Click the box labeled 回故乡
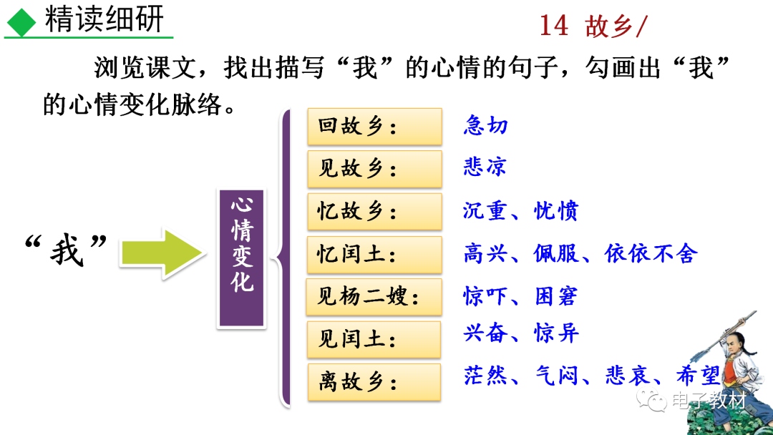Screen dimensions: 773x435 pos(374,127)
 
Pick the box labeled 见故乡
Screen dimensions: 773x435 pos(374,169)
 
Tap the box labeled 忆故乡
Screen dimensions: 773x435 pos(374,211)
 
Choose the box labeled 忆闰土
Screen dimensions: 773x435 pos(374,253)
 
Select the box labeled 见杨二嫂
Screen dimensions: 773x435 pos(374,295)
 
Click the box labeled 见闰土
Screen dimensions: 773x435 pos(374,338)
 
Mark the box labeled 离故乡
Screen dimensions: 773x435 pos(374,381)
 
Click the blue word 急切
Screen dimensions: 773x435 pos(485,126)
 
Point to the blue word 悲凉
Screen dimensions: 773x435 pos(485,167)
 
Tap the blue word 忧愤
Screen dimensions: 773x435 pos(556,210)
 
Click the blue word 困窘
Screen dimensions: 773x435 pos(556,295)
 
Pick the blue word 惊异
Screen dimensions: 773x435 pos(556,333)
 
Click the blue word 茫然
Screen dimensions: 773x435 pos(485,376)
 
